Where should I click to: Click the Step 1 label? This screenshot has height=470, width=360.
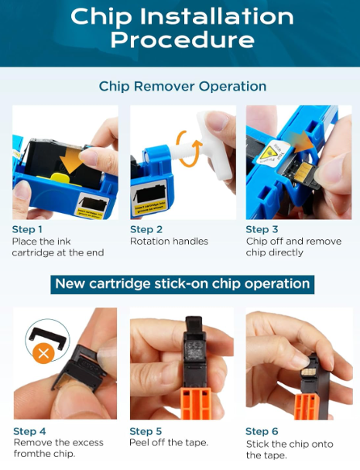pos(27,230)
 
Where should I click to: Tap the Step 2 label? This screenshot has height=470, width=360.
pos(146,230)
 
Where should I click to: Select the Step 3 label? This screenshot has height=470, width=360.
pos(262,230)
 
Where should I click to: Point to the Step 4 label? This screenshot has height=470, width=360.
pos(29,431)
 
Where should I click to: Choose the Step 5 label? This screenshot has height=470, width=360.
pos(146,431)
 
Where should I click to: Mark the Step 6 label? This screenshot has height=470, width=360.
pos(262,431)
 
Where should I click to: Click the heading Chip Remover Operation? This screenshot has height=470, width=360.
pos(183,86)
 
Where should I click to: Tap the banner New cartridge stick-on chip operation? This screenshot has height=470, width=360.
pos(182,284)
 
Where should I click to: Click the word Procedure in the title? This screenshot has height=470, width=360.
pos(183,39)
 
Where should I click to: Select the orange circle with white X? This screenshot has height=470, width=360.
pos(43,354)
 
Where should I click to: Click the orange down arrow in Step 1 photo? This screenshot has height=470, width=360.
pos(71,160)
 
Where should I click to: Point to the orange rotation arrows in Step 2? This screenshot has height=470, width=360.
pos(189,149)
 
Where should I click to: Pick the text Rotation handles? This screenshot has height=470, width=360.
pos(169,242)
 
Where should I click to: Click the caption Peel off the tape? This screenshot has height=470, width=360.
pos(169,443)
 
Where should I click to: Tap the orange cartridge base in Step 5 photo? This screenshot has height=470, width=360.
pos(196,403)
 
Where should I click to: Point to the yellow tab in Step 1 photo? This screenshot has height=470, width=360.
pos(61,178)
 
